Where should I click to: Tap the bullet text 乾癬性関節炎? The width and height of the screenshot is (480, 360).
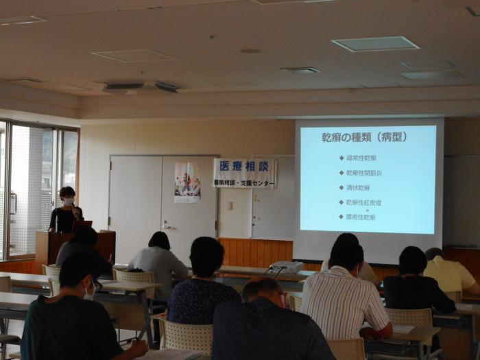(x=361, y=173)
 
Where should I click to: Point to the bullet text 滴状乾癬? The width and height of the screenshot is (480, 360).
(x=358, y=187)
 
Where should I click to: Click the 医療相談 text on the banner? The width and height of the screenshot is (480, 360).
(x=243, y=167)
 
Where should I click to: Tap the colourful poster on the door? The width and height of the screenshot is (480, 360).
(x=187, y=182)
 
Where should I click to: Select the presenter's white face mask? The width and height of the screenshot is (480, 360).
(x=69, y=202)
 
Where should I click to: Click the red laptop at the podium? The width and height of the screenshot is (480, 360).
(x=82, y=224)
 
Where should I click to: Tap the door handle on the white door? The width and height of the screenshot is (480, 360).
(x=167, y=226)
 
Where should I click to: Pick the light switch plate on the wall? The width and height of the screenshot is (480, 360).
(x=230, y=205)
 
